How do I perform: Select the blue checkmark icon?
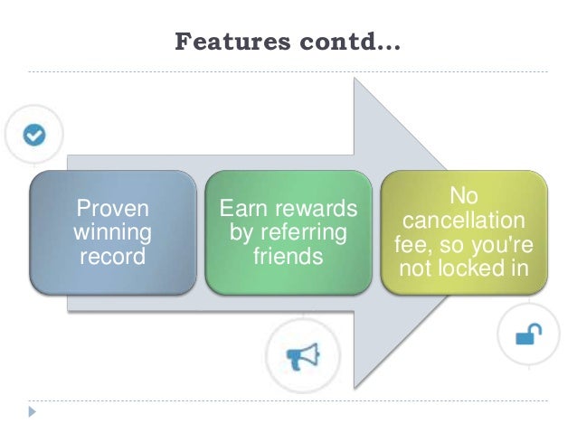tap(34, 135)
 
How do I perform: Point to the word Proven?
tap(112, 211)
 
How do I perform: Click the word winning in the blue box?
tap(112, 233)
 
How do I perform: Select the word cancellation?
tap(464, 221)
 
